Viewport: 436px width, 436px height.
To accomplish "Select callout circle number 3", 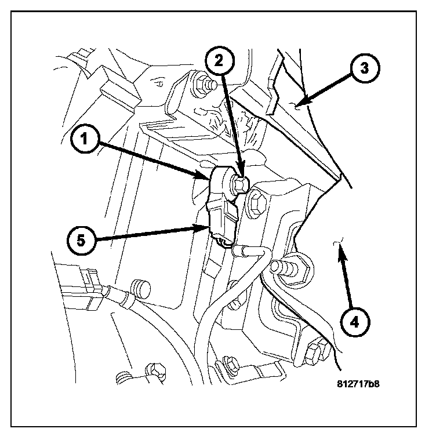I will tap(364, 68).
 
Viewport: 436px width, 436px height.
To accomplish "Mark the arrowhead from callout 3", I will tap(296, 105).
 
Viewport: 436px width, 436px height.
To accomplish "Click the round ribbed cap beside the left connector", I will tap(141, 288).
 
